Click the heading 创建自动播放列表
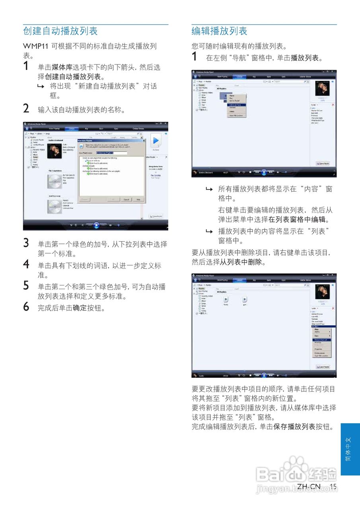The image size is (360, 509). tap(60, 31)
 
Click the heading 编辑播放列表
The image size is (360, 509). tap(219, 31)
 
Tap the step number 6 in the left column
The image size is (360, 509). tap(26, 307)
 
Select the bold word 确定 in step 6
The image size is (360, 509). tap(80, 308)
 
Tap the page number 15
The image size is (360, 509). tap(333, 487)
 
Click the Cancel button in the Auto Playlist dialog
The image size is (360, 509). tap(126, 199)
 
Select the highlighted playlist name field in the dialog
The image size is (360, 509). tap(111, 153)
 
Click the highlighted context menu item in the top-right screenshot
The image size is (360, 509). tap(237, 105)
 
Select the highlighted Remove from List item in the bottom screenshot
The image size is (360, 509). tap(321, 340)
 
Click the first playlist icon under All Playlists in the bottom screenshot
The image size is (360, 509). tap(226, 299)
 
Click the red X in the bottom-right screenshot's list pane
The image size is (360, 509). tap(333, 308)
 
